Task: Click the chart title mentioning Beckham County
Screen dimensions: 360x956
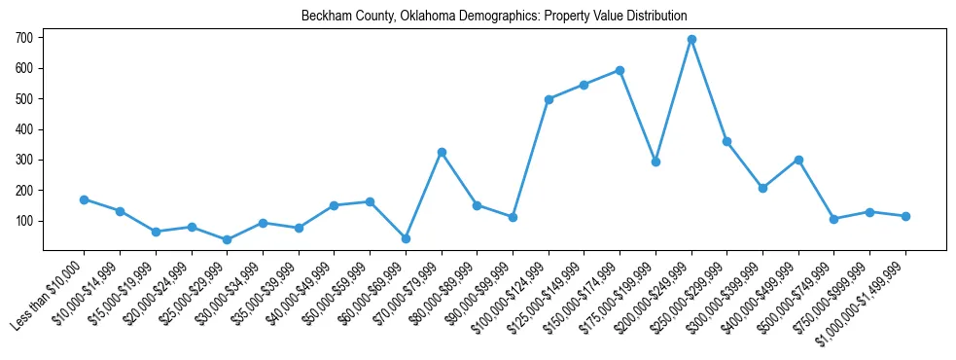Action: click(494, 16)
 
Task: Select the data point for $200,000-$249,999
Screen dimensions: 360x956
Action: click(691, 40)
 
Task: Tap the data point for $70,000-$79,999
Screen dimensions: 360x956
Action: click(442, 153)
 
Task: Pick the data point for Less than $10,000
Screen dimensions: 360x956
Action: click(85, 199)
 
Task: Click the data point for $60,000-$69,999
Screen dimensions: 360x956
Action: click(406, 238)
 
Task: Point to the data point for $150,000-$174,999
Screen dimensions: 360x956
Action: click(620, 70)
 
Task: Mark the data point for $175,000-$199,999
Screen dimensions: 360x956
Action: click(655, 162)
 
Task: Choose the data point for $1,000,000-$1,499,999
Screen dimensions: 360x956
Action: click(905, 216)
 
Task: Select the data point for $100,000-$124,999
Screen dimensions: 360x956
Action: click(549, 99)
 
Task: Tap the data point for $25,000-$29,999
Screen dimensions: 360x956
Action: click(227, 239)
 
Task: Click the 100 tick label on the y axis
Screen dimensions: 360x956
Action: click(24, 221)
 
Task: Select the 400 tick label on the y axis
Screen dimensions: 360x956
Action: click(24, 129)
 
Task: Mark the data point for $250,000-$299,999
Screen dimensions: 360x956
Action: click(726, 142)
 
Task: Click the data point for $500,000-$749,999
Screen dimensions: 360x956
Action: click(833, 219)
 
